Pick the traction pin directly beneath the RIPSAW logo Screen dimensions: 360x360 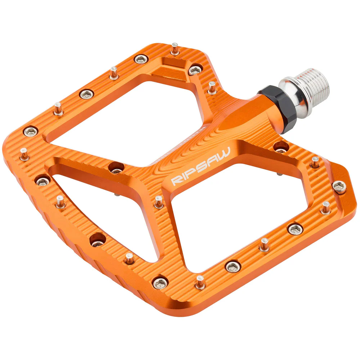tap(159, 202)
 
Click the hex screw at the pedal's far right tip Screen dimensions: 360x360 tap(339, 186)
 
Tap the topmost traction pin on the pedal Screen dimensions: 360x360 tap(175, 48)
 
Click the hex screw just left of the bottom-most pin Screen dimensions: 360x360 tap(160, 283)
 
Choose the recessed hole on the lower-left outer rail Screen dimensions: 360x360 tap(97, 239)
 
